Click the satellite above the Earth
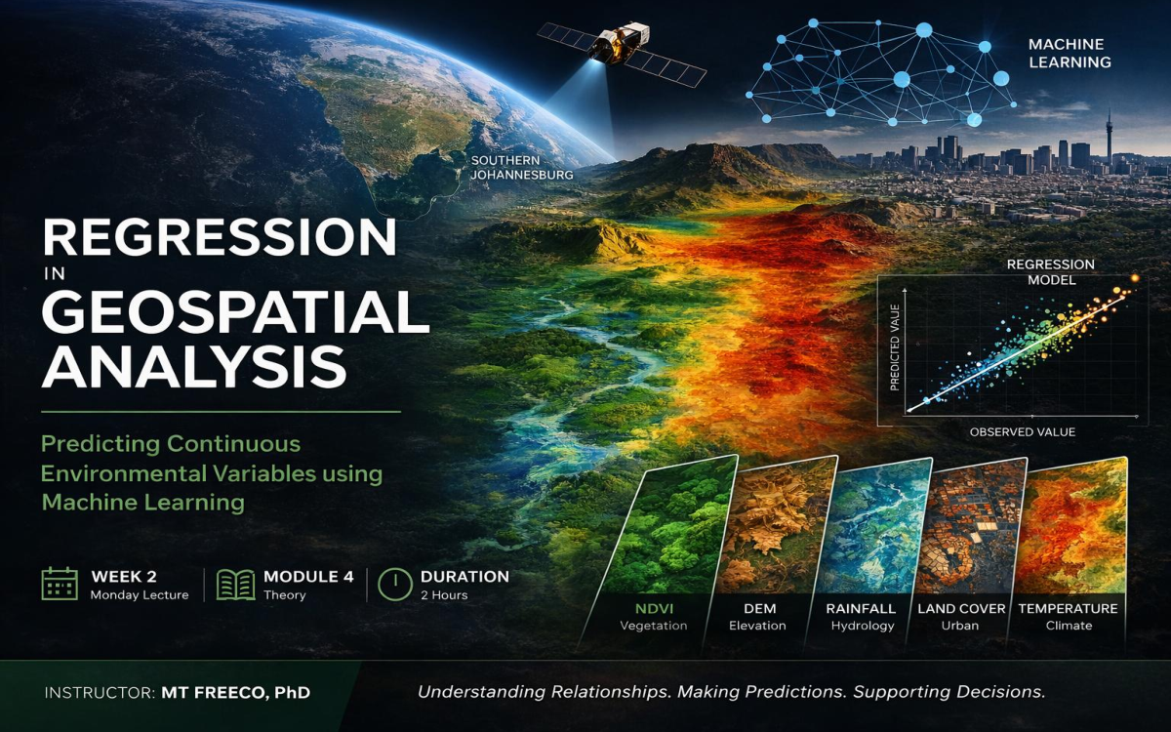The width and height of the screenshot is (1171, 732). point(621,50)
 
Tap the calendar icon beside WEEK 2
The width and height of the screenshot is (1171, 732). point(60,584)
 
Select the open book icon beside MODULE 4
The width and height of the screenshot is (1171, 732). point(236,585)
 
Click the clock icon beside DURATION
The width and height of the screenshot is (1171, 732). point(395,585)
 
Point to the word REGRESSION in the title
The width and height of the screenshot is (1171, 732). point(220,238)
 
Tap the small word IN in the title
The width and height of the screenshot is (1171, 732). point(55,274)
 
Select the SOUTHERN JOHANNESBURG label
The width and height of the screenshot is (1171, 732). point(522,168)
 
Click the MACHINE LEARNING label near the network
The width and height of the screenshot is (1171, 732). point(1070,53)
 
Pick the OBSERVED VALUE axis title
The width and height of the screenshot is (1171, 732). point(1023,432)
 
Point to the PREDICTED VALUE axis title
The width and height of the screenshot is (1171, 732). point(895,347)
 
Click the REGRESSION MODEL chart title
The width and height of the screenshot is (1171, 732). point(1051,272)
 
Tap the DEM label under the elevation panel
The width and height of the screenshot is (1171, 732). point(759,609)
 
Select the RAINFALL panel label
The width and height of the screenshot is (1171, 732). point(861,609)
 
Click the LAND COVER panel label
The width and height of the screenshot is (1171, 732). point(961,609)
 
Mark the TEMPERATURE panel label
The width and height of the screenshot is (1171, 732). point(1068,609)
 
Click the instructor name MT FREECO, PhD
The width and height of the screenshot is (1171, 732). point(236,693)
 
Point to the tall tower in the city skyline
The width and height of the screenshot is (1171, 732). point(1109,139)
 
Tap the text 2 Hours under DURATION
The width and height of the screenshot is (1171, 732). point(444,595)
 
